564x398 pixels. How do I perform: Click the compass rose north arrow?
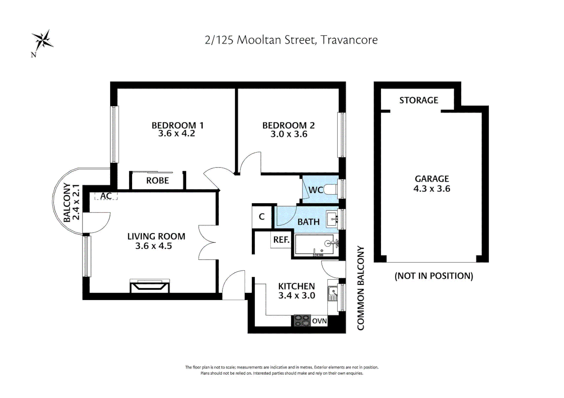42,41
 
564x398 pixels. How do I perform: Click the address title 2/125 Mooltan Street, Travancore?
291,40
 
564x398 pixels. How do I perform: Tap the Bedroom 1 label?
177,125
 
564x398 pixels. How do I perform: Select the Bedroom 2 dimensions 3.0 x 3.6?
289,134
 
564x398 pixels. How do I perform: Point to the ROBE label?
157,181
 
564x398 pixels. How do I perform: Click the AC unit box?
106,196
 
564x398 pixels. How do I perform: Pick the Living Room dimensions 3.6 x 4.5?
153,246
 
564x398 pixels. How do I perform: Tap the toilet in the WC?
330,189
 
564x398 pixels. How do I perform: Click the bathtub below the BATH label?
314,245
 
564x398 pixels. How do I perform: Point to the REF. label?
281,240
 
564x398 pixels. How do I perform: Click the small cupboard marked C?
262,217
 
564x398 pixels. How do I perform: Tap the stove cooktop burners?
302,321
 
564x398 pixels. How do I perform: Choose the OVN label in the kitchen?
319,321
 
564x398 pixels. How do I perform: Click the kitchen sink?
333,294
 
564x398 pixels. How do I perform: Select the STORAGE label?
419,100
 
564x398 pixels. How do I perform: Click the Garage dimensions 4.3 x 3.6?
431,189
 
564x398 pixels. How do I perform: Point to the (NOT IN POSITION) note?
434,276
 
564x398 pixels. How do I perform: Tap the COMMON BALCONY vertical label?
361,288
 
